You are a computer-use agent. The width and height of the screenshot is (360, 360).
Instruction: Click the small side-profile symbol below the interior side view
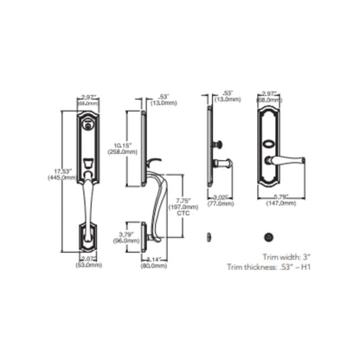point(207,236)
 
